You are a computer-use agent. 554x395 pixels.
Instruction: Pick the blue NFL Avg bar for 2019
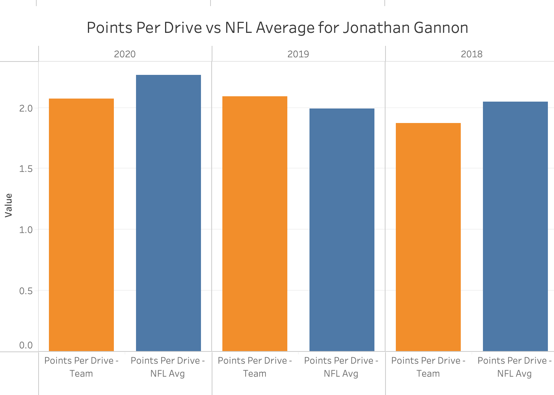[342, 230]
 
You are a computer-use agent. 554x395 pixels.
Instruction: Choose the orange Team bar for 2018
[428, 237]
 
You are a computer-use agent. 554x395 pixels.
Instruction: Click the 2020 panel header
[125, 54]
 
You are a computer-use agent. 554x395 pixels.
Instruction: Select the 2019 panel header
[298, 54]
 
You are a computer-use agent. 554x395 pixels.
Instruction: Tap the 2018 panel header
[471, 54]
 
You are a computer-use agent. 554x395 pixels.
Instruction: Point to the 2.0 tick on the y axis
[26, 108]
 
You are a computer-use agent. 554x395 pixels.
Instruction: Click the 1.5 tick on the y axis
[26, 168]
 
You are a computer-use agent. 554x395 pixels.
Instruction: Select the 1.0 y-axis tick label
[26, 230]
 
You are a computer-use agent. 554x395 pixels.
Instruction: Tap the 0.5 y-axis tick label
[26, 291]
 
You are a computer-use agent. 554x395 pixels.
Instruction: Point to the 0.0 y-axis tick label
[26, 345]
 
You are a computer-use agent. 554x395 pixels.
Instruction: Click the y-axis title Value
[8, 205]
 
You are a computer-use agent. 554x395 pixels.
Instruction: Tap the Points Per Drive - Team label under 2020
[81, 367]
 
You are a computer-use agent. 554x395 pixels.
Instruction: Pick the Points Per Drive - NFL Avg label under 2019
[341, 367]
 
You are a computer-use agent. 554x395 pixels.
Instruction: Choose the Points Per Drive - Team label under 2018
[428, 367]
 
